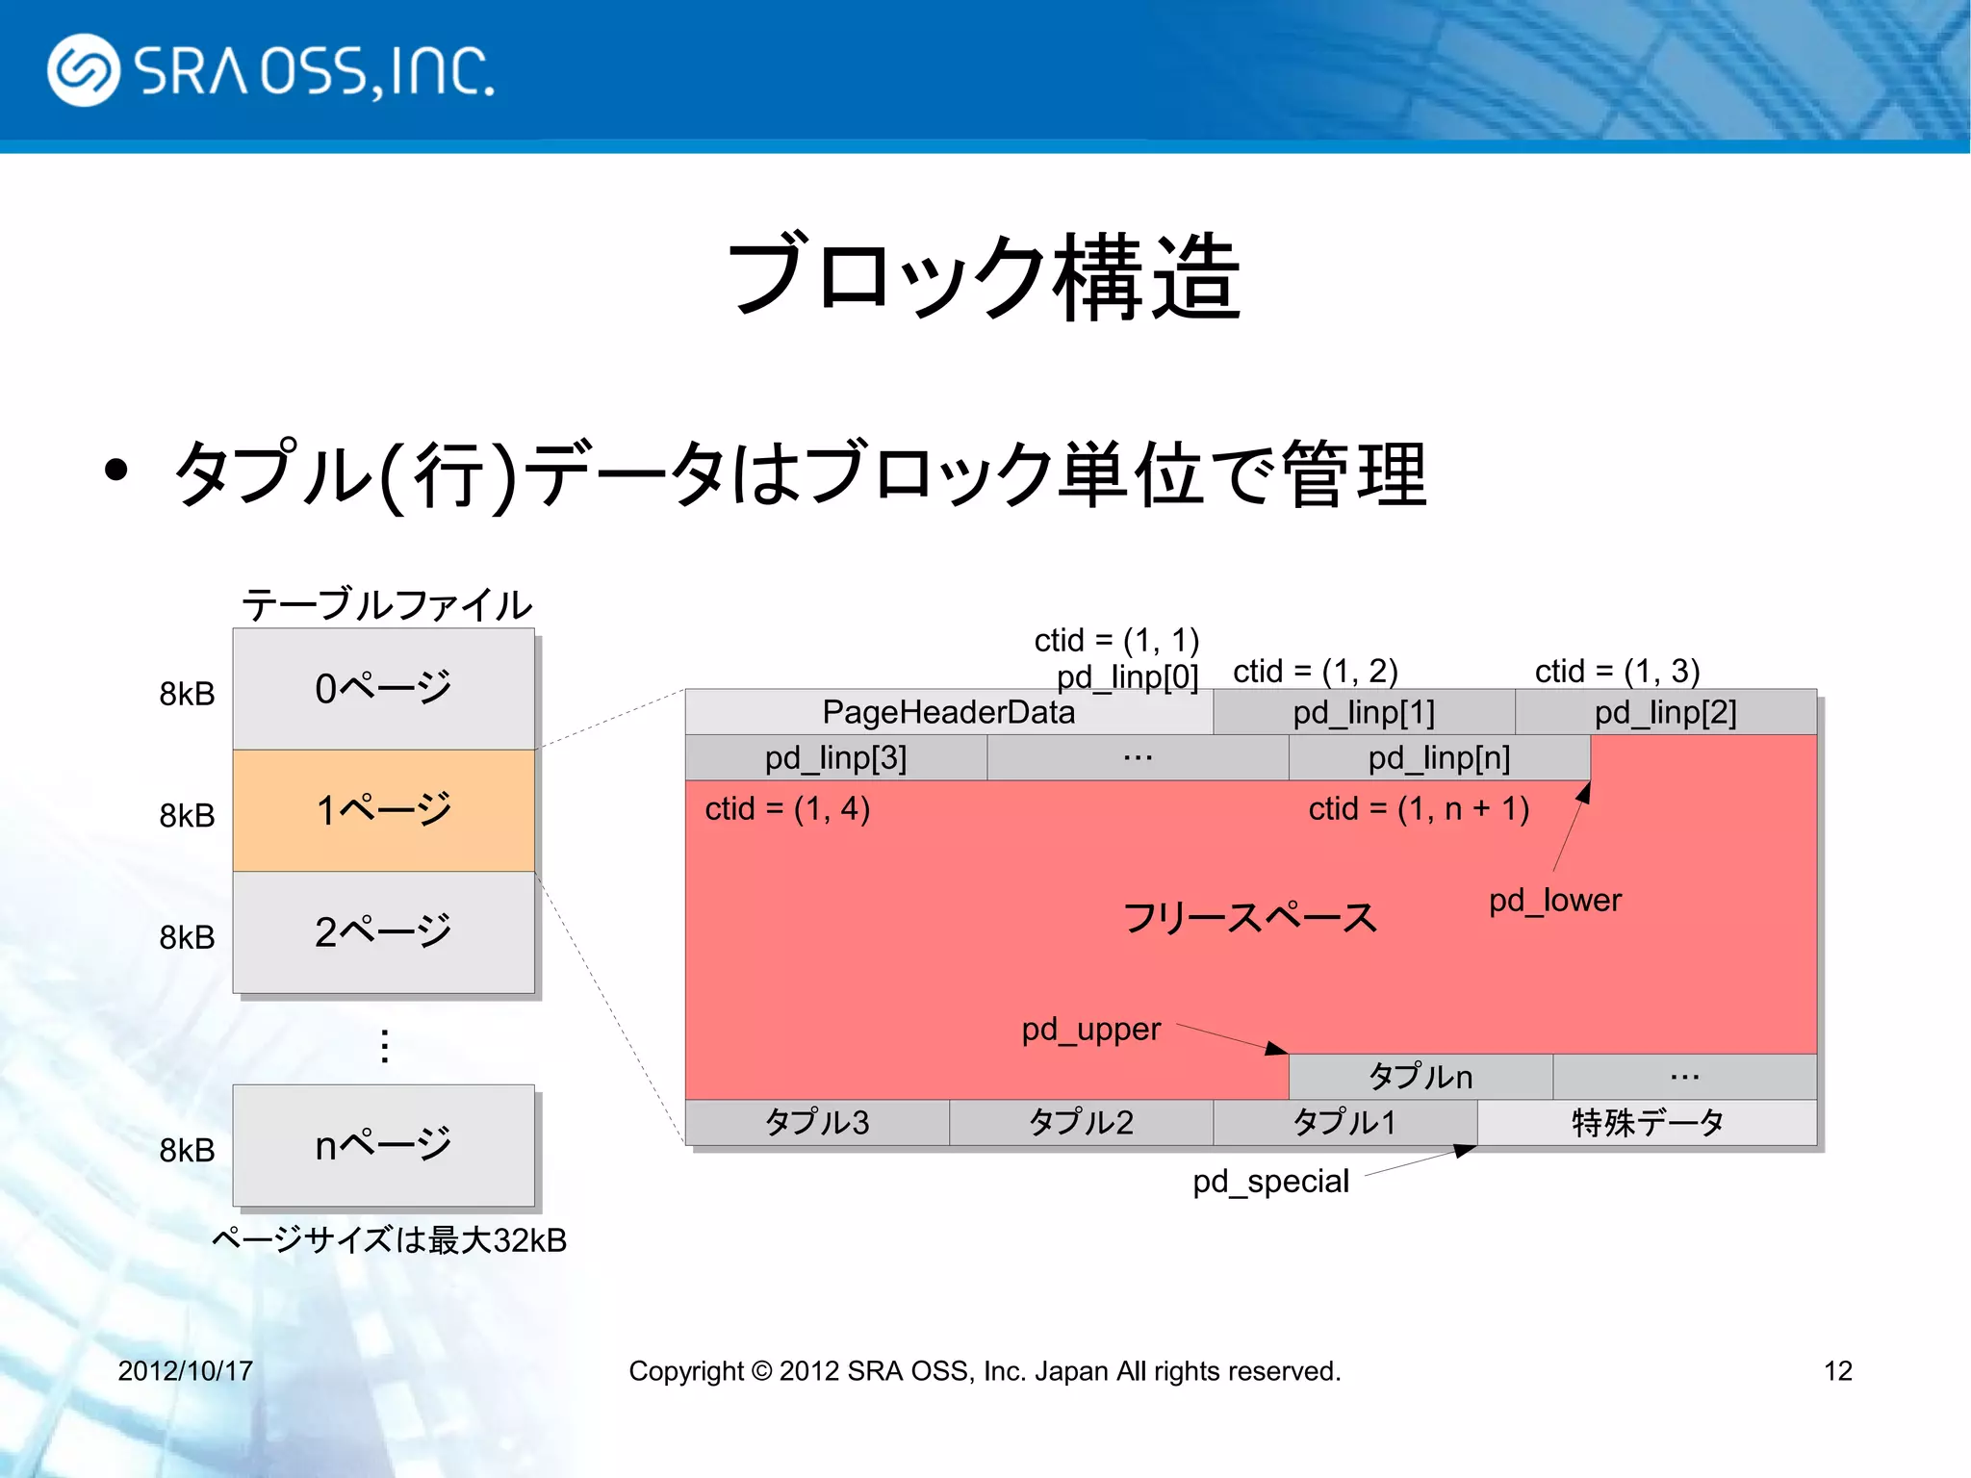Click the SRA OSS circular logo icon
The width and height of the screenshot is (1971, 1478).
(84, 70)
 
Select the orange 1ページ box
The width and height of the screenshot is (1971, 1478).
(383, 810)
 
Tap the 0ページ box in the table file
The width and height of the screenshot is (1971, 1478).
(383, 689)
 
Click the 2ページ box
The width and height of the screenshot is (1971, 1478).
(383, 932)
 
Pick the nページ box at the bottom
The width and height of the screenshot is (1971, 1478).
(383, 1145)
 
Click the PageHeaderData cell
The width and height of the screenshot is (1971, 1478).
(948, 712)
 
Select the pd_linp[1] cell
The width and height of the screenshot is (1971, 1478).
(1363, 713)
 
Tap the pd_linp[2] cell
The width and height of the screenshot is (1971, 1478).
(1665, 713)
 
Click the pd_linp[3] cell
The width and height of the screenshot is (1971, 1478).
(835, 758)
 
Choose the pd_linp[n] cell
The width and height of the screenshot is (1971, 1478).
(1439, 758)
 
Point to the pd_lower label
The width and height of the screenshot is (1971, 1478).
(1554, 901)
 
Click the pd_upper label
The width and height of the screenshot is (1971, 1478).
(1090, 1030)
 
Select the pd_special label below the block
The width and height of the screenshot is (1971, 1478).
(1270, 1182)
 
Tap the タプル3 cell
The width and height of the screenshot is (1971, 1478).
(816, 1123)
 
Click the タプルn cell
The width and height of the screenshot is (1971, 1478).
(1420, 1077)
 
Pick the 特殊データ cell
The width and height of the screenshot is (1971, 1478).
(1647, 1123)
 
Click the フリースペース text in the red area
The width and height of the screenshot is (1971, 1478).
(1249, 918)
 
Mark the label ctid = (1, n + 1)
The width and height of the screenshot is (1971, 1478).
(1419, 809)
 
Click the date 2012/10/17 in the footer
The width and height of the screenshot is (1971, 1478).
(185, 1370)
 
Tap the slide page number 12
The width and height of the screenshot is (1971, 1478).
(1837, 1370)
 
